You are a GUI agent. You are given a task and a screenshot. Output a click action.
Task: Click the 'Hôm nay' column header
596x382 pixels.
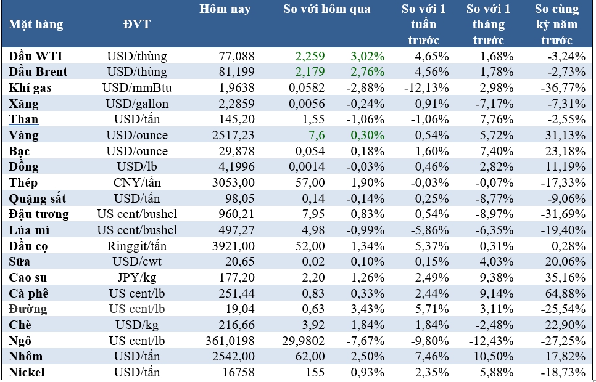tap(225, 10)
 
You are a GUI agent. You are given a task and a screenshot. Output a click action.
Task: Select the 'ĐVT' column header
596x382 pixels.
tap(137, 25)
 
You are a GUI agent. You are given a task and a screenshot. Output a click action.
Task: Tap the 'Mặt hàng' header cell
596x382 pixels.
tap(36, 25)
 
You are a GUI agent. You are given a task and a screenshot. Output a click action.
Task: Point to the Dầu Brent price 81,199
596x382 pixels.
tap(237, 72)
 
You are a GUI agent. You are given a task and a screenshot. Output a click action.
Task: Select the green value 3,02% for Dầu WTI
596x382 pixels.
tap(368, 56)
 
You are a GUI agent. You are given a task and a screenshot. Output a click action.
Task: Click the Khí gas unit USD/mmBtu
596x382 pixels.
tap(137, 87)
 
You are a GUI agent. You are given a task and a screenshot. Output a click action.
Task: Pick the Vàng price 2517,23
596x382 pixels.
tap(233, 135)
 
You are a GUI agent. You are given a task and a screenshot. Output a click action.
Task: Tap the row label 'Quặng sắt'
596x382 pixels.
tap(38, 198)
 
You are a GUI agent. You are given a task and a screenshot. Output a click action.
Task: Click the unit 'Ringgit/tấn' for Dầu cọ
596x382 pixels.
tap(137, 246)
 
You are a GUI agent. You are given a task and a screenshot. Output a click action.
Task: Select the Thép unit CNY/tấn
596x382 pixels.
tap(137, 182)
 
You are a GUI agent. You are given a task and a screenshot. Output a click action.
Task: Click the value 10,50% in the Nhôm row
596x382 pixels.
tap(497, 356)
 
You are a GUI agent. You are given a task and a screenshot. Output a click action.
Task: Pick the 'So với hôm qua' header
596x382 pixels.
tap(327, 10)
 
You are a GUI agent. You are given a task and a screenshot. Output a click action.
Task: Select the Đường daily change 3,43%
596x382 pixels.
tap(368, 309)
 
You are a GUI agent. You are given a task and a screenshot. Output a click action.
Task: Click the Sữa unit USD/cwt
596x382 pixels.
tap(137, 261)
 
